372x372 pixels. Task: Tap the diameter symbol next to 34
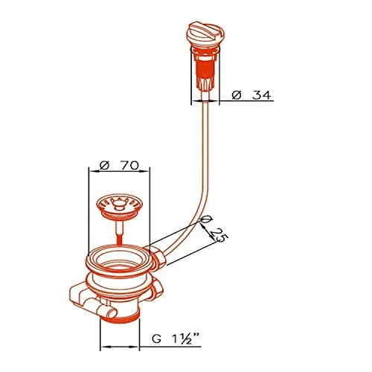tap(237, 94)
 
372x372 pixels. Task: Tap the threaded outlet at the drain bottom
tap(120, 312)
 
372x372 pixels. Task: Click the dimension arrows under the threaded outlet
tap(119, 347)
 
